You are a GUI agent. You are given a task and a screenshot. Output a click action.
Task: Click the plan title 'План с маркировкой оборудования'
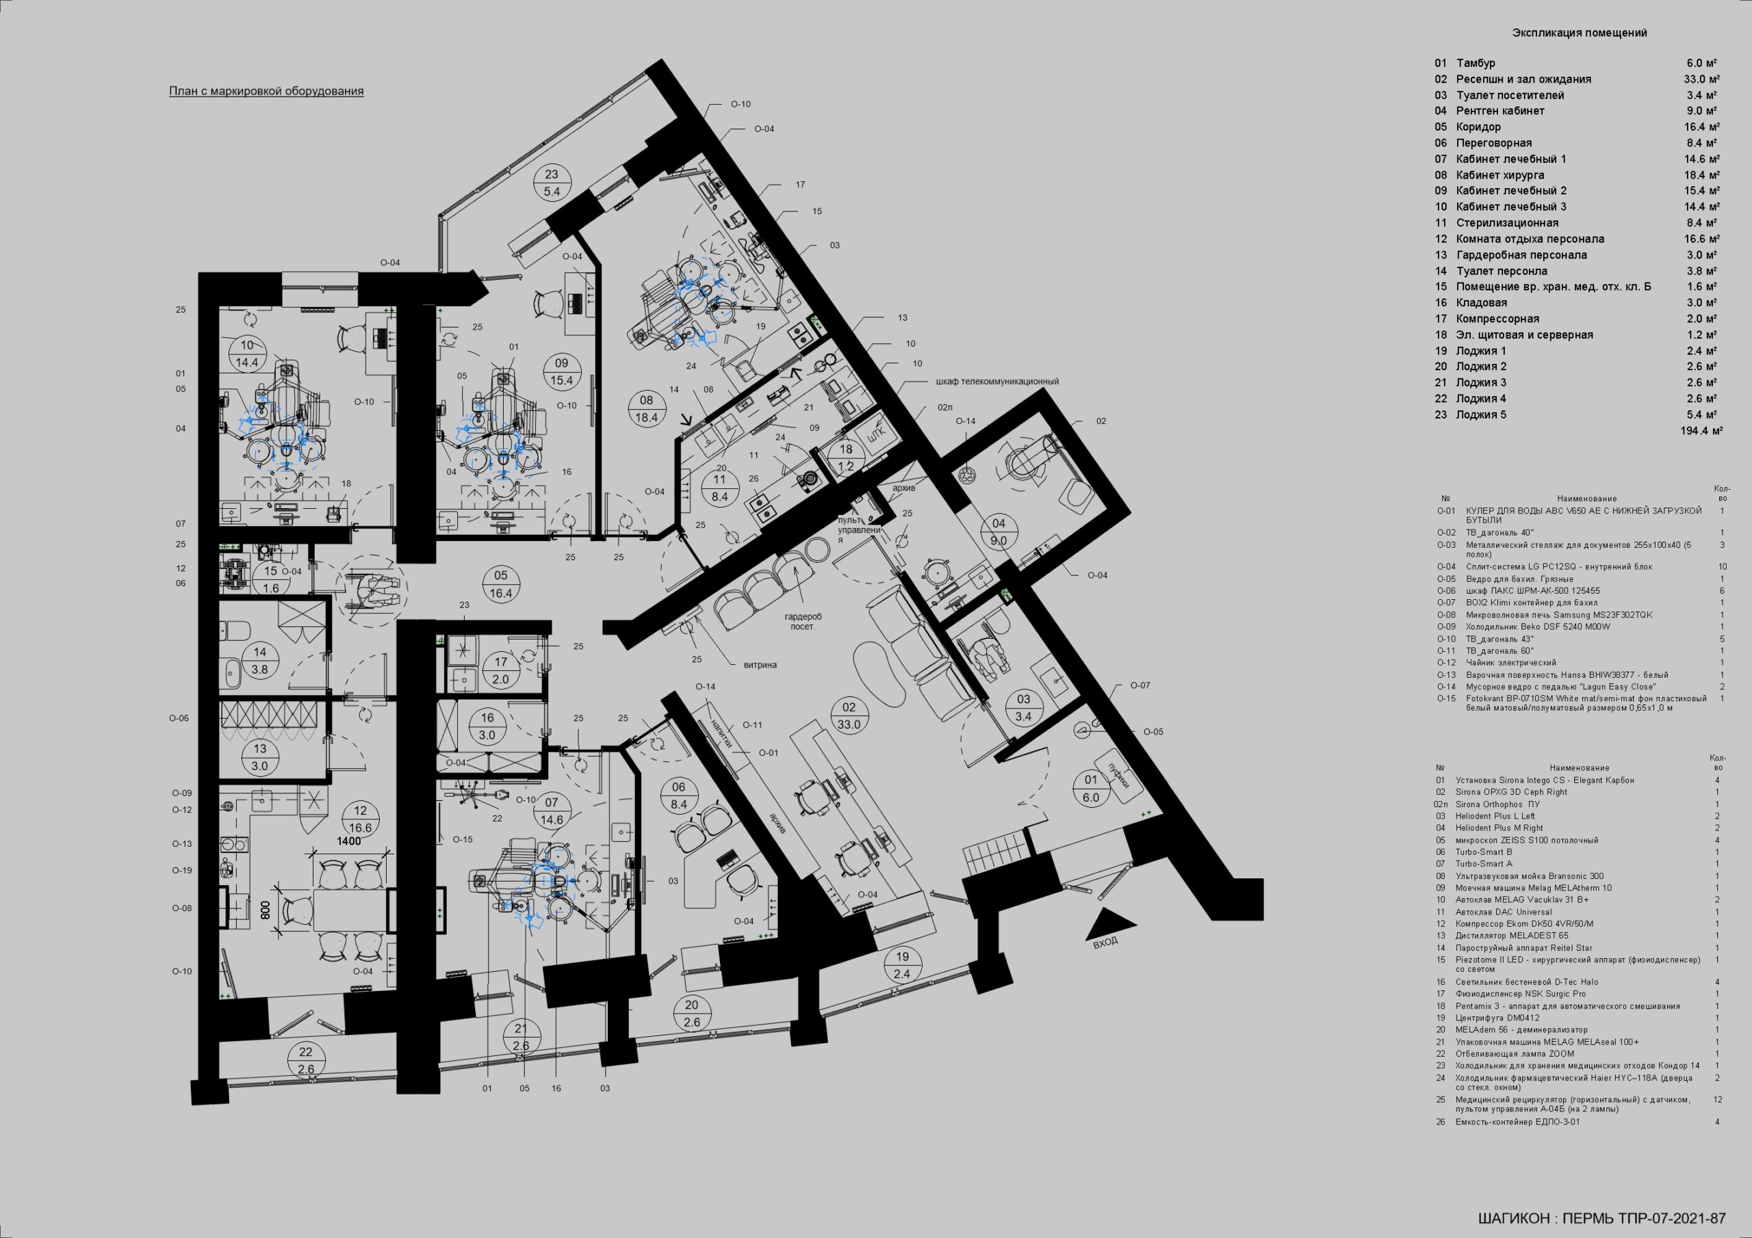[x=266, y=92]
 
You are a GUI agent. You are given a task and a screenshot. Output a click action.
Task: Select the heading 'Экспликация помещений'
[x=1580, y=33]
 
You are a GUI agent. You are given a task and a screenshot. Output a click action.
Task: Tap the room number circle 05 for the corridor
[x=500, y=585]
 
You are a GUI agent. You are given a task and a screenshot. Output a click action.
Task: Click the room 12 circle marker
[x=360, y=819]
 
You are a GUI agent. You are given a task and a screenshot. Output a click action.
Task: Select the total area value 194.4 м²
[x=1701, y=431]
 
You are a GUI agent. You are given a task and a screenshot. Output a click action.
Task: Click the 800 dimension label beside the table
[x=266, y=910]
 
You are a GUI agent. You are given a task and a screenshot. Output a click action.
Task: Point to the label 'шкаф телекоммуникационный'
[x=996, y=382]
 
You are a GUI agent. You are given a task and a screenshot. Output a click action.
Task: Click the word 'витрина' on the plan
[x=760, y=665]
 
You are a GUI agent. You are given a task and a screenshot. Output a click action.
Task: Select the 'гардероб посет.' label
[x=803, y=622]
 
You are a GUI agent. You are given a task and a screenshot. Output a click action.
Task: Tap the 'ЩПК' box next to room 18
[x=877, y=432]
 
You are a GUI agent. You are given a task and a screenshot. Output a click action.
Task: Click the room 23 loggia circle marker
[x=552, y=183]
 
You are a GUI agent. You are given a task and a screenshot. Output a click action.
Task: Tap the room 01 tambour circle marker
[x=1090, y=789]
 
